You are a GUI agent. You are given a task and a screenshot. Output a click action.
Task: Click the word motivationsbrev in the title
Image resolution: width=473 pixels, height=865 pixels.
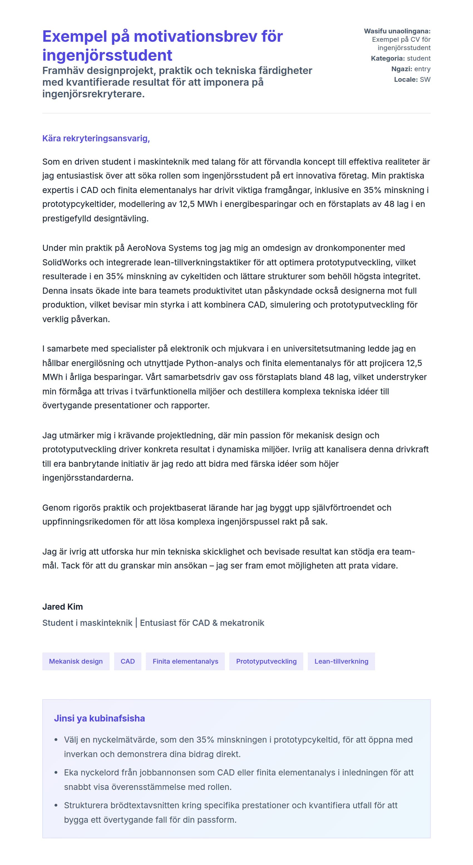pos(208,37)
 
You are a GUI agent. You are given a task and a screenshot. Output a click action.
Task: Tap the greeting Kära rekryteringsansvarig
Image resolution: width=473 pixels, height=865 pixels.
pos(96,138)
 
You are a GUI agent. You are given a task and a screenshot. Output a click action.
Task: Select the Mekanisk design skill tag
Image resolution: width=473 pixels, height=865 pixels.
pos(76,661)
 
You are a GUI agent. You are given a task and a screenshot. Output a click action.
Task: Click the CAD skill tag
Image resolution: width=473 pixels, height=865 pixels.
pos(127,661)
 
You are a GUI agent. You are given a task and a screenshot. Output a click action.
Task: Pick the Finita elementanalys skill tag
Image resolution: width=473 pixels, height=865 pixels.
pos(185,661)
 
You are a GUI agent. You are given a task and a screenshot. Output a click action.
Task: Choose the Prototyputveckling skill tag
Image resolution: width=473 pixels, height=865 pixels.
pos(266,661)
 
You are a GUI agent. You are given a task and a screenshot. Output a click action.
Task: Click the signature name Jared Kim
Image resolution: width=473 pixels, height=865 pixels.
pos(63,606)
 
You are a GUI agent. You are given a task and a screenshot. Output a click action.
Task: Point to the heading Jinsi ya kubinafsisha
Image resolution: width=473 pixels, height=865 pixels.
pos(99,718)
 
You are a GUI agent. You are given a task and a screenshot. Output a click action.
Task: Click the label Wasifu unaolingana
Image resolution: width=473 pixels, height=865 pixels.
pos(397,31)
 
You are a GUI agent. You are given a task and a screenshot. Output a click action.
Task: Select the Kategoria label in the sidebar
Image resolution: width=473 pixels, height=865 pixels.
pos(388,58)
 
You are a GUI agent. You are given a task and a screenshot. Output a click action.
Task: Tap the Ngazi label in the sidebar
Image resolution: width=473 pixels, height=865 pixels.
pos(401,69)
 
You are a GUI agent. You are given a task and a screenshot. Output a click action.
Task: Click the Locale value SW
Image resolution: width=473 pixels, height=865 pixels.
pos(425,80)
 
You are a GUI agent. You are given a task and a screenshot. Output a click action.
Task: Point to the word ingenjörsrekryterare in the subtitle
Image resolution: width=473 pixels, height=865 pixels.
pos(93,94)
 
